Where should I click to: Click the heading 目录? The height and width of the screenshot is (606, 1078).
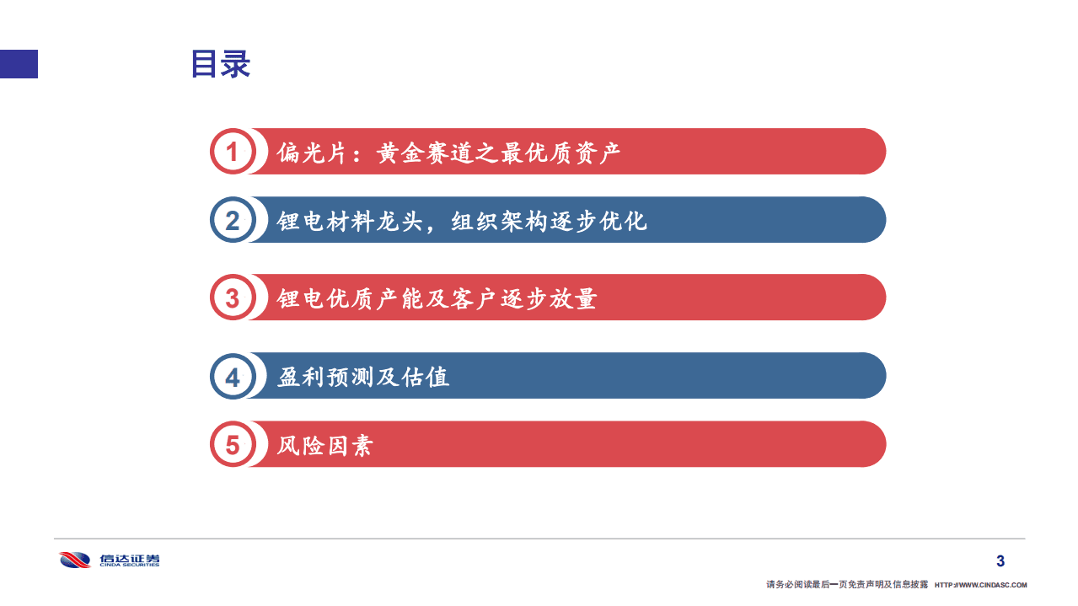pyautogui.click(x=220, y=64)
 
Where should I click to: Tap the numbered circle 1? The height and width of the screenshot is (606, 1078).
pyautogui.click(x=232, y=153)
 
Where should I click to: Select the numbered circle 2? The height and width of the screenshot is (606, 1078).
pyautogui.click(x=232, y=221)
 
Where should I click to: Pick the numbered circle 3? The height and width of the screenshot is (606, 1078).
pyautogui.click(x=232, y=298)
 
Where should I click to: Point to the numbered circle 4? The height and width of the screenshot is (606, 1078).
pyautogui.click(x=232, y=376)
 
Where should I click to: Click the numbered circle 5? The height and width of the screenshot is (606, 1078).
pyautogui.click(x=232, y=444)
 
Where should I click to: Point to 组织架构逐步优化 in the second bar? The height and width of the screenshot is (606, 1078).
pyautogui.click(x=549, y=221)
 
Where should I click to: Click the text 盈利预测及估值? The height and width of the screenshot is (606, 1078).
pyautogui.click(x=363, y=376)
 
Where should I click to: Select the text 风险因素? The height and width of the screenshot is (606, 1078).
pyautogui.click(x=324, y=444)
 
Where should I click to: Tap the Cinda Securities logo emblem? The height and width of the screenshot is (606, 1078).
pyautogui.click(x=75, y=560)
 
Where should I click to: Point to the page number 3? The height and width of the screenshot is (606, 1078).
pyautogui.click(x=1000, y=561)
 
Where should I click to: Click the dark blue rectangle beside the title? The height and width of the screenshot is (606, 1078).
pyautogui.click(x=19, y=64)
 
